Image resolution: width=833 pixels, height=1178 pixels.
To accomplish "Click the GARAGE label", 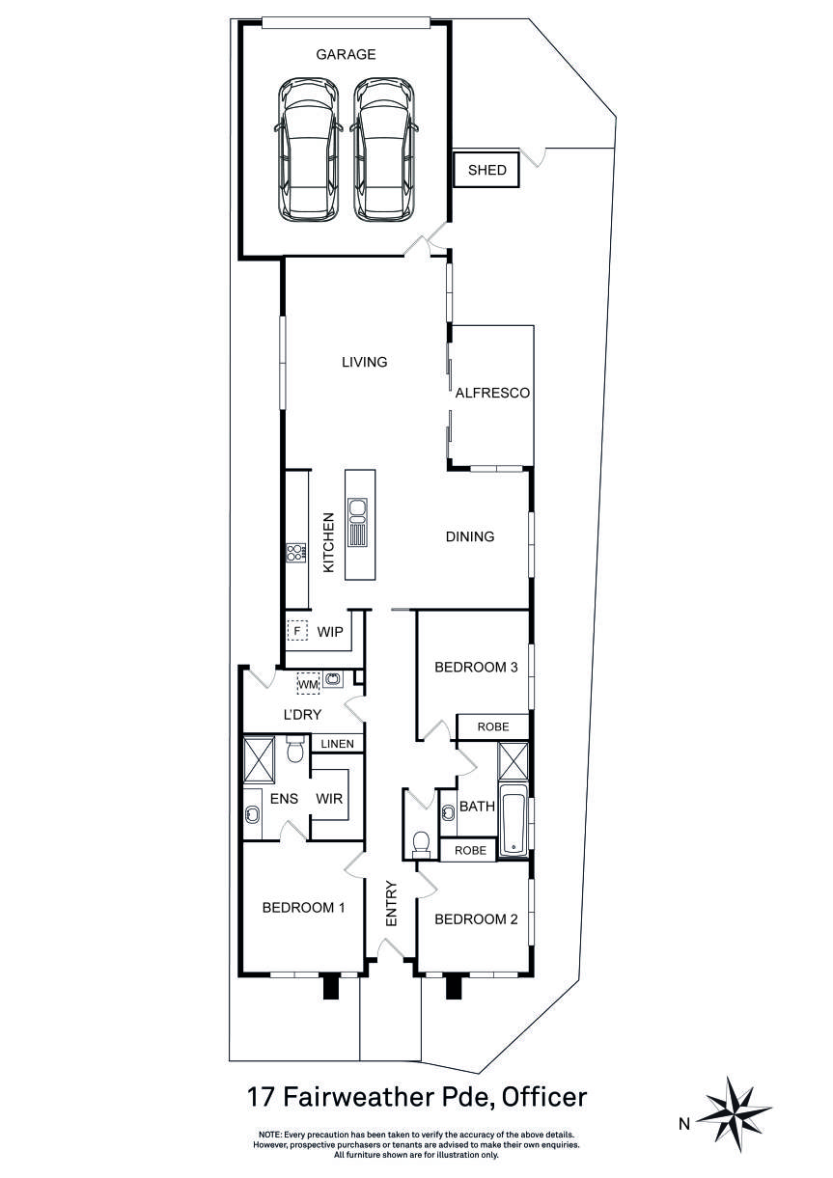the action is (x=346, y=54).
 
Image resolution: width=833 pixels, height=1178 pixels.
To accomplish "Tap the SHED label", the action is (x=487, y=170).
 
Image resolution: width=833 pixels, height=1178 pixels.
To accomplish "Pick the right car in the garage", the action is (x=383, y=150).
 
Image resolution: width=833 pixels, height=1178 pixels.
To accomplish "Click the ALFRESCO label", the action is (x=492, y=393).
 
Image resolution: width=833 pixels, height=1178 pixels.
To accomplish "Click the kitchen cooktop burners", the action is (x=296, y=553).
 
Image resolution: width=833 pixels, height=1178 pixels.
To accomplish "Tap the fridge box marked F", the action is (x=297, y=631).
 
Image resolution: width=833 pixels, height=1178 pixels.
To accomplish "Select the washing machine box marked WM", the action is (x=308, y=684).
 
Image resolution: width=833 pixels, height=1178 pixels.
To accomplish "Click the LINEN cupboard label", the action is (x=337, y=744).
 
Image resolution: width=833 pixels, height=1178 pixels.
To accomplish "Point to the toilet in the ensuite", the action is (x=294, y=750).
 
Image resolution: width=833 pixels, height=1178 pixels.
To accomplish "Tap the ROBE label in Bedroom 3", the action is (x=493, y=726).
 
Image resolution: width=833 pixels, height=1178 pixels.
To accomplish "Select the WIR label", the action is (x=329, y=799).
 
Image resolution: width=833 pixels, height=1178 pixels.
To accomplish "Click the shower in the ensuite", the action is (x=259, y=760).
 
